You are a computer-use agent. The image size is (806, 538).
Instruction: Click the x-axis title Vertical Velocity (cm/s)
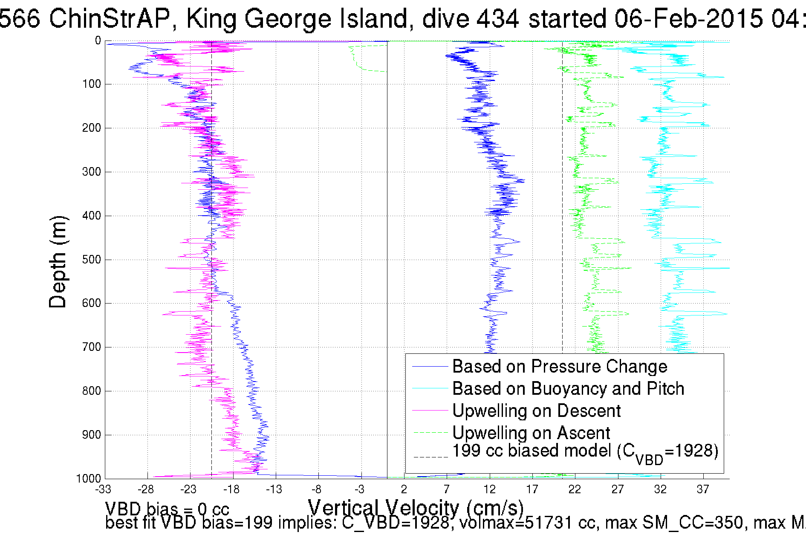click(x=415, y=507)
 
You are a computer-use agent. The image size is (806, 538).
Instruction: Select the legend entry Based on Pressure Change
click(x=559, y=366)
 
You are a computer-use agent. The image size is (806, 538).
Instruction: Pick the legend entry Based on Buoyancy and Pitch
click(x=568, y=388)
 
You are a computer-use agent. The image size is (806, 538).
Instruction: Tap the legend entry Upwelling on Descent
click(x=536, y=411)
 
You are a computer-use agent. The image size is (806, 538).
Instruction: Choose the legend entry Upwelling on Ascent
click(x=531, y=433)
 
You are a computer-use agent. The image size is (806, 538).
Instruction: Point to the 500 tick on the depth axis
click(x=91, y=260)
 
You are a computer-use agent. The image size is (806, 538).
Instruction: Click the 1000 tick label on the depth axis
click(x=88, y=478)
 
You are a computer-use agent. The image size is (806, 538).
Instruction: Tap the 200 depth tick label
click(x=91, y=128)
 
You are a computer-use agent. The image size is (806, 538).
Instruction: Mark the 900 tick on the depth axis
click(x=91, y=435)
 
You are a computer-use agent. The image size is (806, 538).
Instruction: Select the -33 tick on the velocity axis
click(x=103, y=489)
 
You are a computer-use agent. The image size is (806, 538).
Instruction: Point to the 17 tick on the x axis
click(x=532, y=489)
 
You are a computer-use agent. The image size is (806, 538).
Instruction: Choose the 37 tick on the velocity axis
click(x=703, y=489)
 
